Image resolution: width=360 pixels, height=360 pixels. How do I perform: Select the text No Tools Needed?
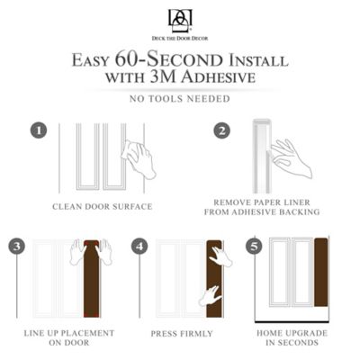180,98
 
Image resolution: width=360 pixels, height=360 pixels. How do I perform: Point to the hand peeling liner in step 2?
291,158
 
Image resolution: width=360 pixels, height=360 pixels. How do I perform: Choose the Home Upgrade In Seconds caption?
292,337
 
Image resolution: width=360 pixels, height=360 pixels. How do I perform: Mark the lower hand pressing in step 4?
210,295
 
